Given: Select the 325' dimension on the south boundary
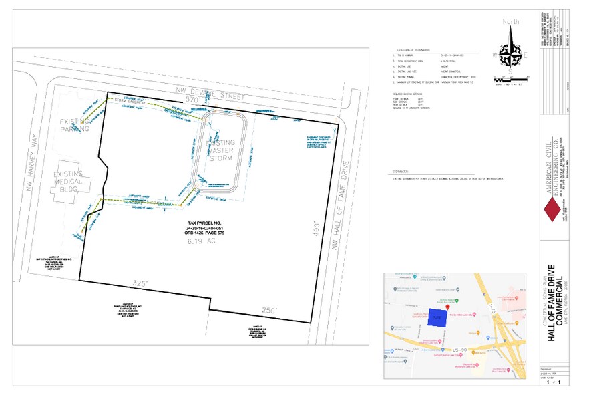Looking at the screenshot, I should coord(140,283).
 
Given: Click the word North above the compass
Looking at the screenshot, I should coord(510,21).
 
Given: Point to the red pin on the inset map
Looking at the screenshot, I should coord(437,307).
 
